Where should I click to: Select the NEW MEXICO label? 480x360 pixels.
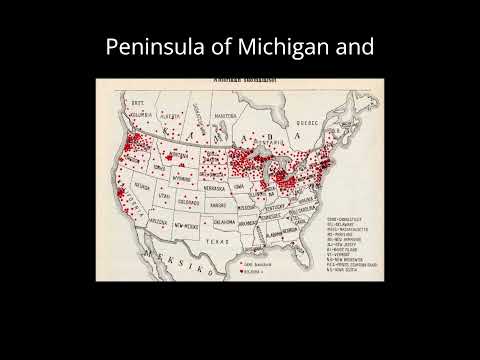(x=188, y=229)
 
